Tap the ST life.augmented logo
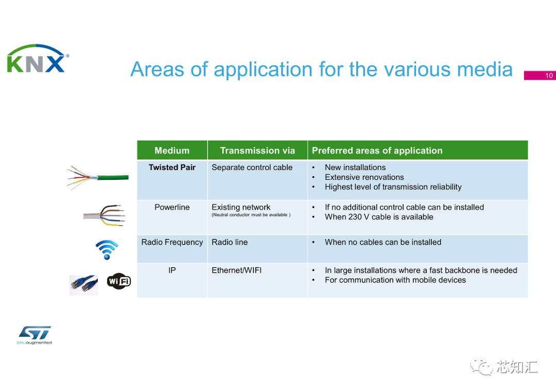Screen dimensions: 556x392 34,334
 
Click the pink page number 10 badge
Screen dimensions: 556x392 540,76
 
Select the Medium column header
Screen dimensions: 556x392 172,151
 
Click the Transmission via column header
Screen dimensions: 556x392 257,151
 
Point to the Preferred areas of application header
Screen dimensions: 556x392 377,151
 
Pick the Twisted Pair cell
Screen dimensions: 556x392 172,167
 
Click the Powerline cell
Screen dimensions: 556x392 172,208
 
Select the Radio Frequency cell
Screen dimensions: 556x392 172,242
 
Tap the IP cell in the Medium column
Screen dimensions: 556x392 172,270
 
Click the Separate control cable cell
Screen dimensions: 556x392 252,167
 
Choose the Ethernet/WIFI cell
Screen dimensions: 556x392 236,270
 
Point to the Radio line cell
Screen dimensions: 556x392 230,242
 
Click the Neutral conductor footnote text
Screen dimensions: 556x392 251,215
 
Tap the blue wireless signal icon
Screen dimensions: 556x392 107,250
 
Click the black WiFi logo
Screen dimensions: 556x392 119,281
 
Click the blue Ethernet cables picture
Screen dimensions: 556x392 83,285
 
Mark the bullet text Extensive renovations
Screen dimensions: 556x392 364,177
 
